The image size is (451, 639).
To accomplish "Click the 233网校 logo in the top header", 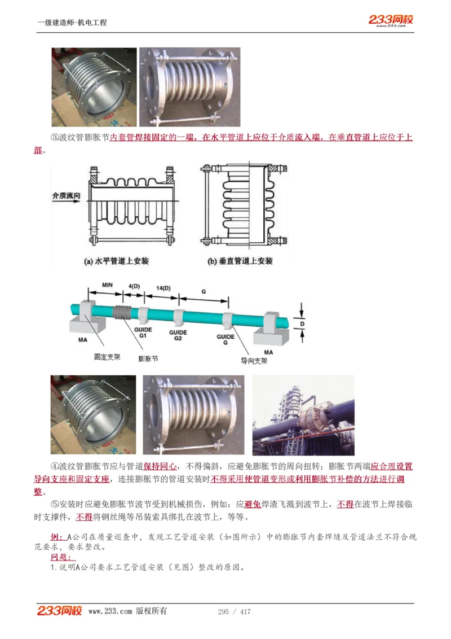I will tap(391, 20).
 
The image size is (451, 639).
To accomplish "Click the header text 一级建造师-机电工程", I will tap(72, 23).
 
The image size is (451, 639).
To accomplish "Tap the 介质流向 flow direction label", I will tap(66, 196).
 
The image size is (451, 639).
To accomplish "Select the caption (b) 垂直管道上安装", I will tap(240, 261).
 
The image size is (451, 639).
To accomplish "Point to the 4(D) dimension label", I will tap(134, 286).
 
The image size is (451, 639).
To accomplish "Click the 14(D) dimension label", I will tap(163, 288).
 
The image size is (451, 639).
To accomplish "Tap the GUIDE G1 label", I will tap(142, 331).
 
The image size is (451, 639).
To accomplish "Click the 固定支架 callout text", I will tap(107, 357).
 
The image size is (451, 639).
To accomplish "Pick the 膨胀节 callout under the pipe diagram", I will tap(148, 358).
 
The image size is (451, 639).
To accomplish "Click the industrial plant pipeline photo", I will tap(303, 415).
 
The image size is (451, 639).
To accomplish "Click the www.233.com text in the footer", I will tap(110, 611).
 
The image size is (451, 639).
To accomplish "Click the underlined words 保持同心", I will tap(160, 467).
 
